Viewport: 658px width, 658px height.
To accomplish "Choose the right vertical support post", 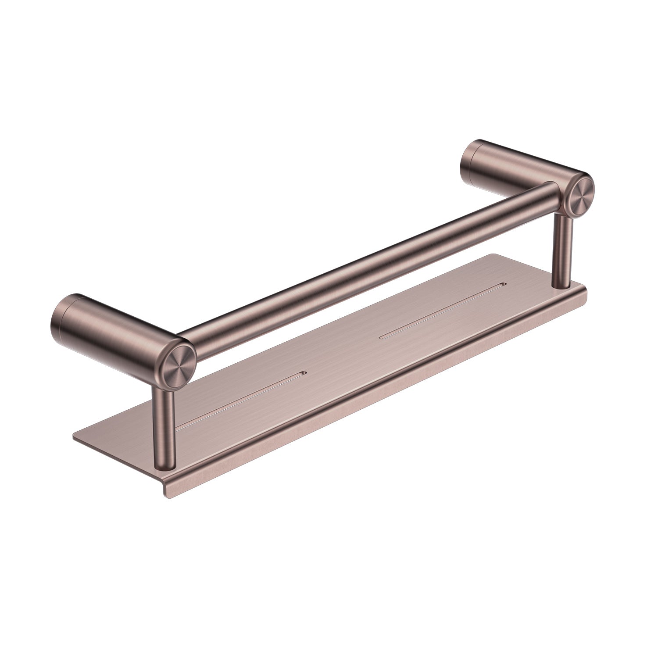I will (x=562, y=254).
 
